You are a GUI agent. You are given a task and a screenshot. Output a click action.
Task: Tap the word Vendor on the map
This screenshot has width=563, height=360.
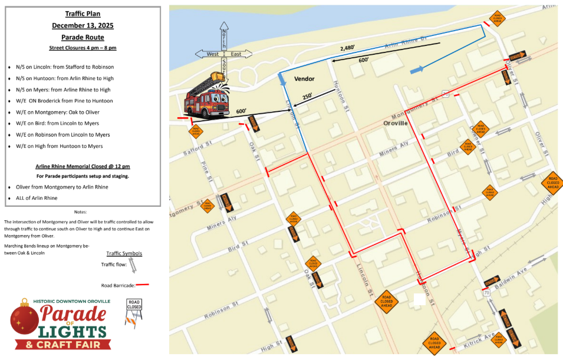coord(305,79)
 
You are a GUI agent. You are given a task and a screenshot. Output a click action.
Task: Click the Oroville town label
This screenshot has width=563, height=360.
coord(396,124)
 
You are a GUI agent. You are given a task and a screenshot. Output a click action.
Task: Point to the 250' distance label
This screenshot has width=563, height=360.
coord(308,97)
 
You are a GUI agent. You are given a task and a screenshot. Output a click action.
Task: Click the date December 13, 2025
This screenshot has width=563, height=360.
coord(83,25)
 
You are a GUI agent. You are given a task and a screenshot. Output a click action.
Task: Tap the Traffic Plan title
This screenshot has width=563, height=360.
coord(83,13)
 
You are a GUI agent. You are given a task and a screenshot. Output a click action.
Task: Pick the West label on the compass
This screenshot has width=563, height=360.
coord(212,54)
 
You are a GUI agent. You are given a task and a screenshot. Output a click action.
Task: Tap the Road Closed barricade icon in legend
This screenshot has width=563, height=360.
coord(134,312)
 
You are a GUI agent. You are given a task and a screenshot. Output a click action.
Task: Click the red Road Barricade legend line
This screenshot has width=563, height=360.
coord(143,285)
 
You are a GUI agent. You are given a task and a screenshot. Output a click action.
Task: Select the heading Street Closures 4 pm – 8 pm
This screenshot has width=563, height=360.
coord(83,47)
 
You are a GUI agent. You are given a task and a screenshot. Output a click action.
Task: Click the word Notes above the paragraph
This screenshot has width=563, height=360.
coord(81,212)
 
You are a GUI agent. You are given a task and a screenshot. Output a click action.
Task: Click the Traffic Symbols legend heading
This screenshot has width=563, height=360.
coord(124,253)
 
